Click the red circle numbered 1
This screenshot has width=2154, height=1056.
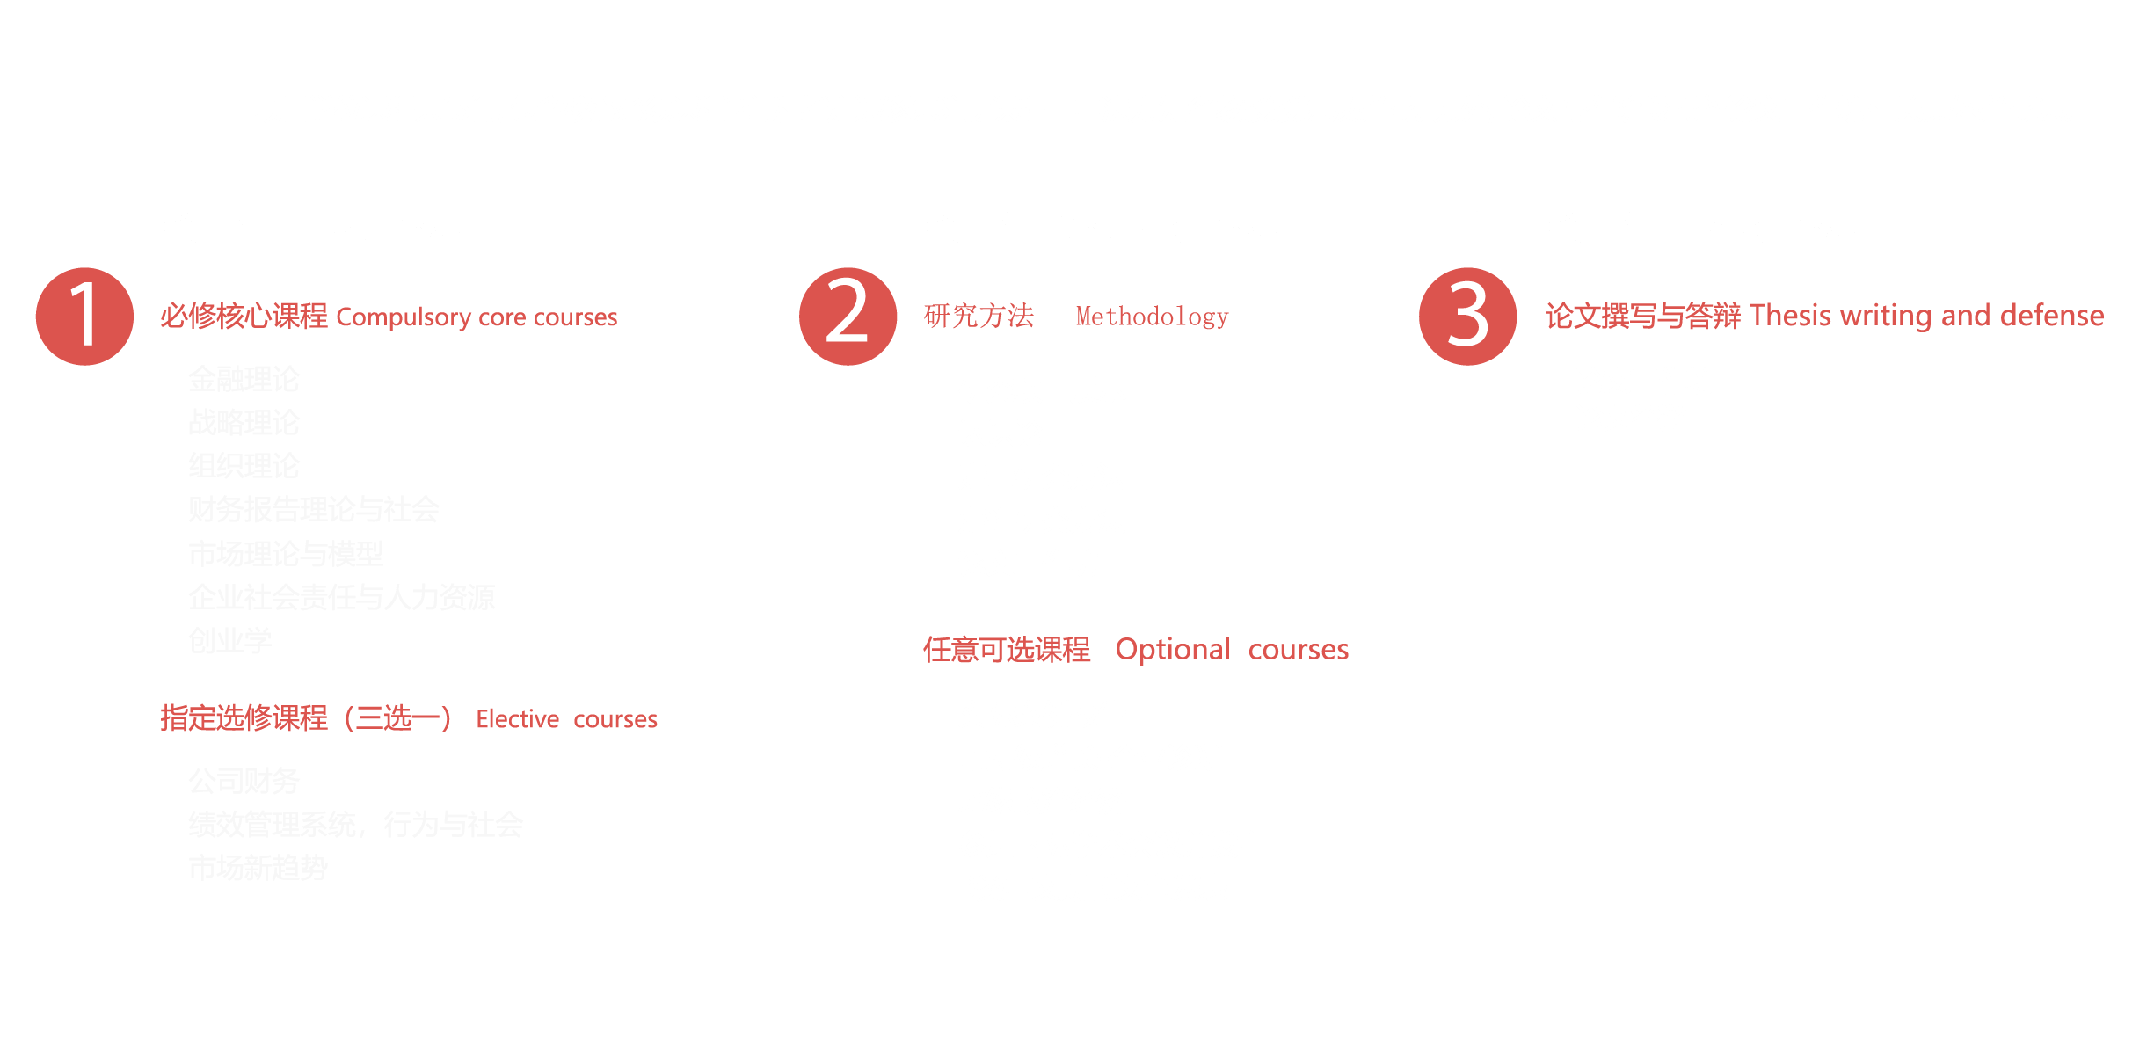(84, 316)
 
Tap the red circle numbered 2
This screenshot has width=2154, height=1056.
(848, 316)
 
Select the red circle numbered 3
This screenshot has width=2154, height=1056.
(1467, 316)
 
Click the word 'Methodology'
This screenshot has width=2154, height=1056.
(1152, 316)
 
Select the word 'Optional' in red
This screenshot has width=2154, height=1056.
(1172, 650)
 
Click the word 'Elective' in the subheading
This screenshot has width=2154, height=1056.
(517, 719)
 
